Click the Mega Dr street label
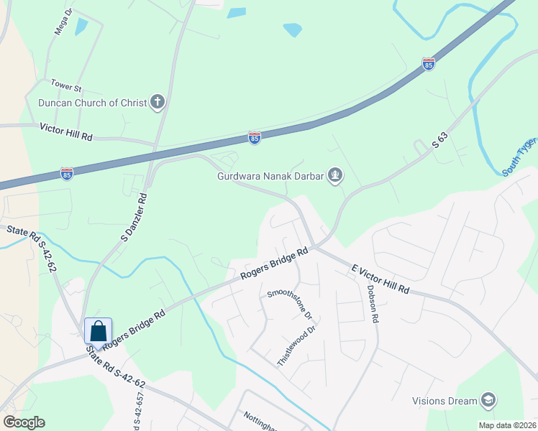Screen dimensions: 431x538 pyautogui.click(x=64, y=25)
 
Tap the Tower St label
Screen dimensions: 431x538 pyautogui.click(x=66, y=87)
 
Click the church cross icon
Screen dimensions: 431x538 pyautogui.click(x=158, y=103)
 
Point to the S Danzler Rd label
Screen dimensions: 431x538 pyautogui.click(x=134, y=215)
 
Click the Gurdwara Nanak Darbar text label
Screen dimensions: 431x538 pyautogui.click(x=269, y=176)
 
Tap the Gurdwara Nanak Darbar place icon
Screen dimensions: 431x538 pyautogui.click(x=334, y=175)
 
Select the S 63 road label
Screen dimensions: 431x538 pyautogui.click(x=444, y=136)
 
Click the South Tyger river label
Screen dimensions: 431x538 pyautogui.click(x=519, y=159)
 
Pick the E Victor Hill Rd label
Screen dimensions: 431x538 pyautogui.click(x=380, y=279)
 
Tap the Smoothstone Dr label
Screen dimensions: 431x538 pyautogui.click(x=289, y=305)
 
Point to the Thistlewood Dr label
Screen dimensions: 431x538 pyautogui.click(x=297, y=347)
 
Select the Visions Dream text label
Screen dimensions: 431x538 pyautogui.click(x=444, y=401)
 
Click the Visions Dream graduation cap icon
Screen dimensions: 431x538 pyautogui.click(x=488, y=400)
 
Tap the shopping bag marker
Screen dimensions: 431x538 pyautogui.click(x=98, y=332)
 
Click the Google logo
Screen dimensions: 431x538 pyautogui.click(x=24, y=422)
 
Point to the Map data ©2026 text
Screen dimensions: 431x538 pyautogui.click(x=506, y=425)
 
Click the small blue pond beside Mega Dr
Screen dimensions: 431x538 pyautogui.click(x=81, y=27)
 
